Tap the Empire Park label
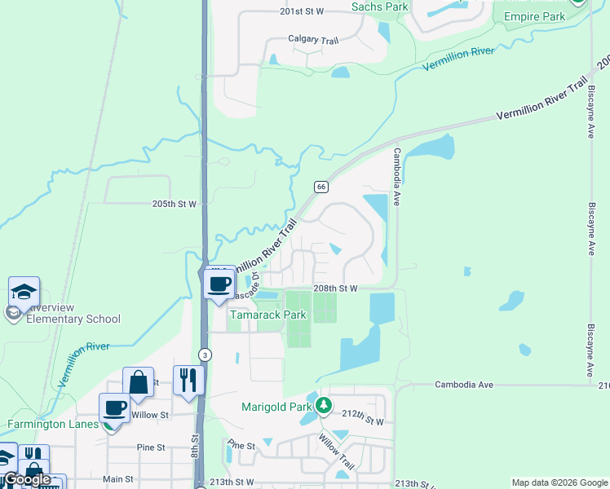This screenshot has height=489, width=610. (x=534, y=15)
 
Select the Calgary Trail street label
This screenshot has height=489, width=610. (x=312, y=38)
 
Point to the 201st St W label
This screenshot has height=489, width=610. (x=302, y=11)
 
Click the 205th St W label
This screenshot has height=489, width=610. (x=175, y=205)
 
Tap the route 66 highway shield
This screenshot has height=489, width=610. (x=321, y=187)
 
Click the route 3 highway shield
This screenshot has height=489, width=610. (x=205, y=355)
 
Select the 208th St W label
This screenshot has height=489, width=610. (x=337, y=289)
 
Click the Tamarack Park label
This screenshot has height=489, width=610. (x=268, y=315)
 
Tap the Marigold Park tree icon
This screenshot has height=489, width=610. (x=325, y=405)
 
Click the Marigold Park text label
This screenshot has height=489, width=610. (x=276, y=407)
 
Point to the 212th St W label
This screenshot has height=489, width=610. (x=362, y=421)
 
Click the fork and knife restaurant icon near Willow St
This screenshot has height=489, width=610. (x=188, y=380)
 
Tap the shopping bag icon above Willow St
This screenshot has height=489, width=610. (x=138, y=381)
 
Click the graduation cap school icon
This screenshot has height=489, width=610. (x=24, y=292)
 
